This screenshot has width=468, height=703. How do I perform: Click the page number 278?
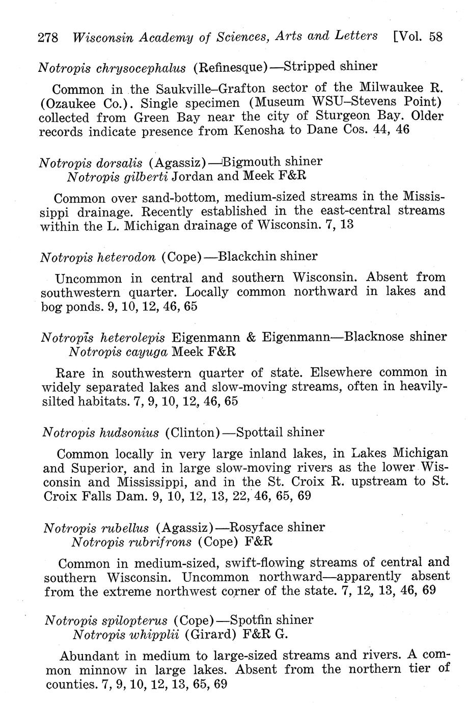click(49, 38)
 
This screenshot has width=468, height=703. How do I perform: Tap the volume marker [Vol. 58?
click(418, 37)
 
